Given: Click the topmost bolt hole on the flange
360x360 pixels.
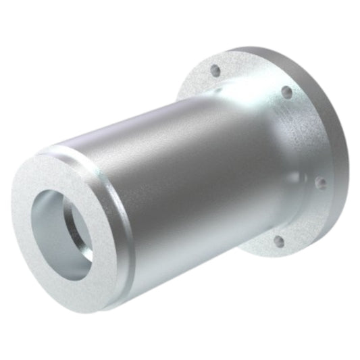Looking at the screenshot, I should (x=215, y=69).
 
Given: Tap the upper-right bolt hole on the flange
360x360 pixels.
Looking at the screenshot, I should (x=286, y=91).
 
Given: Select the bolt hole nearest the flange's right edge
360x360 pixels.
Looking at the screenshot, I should (x=322, y=182).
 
